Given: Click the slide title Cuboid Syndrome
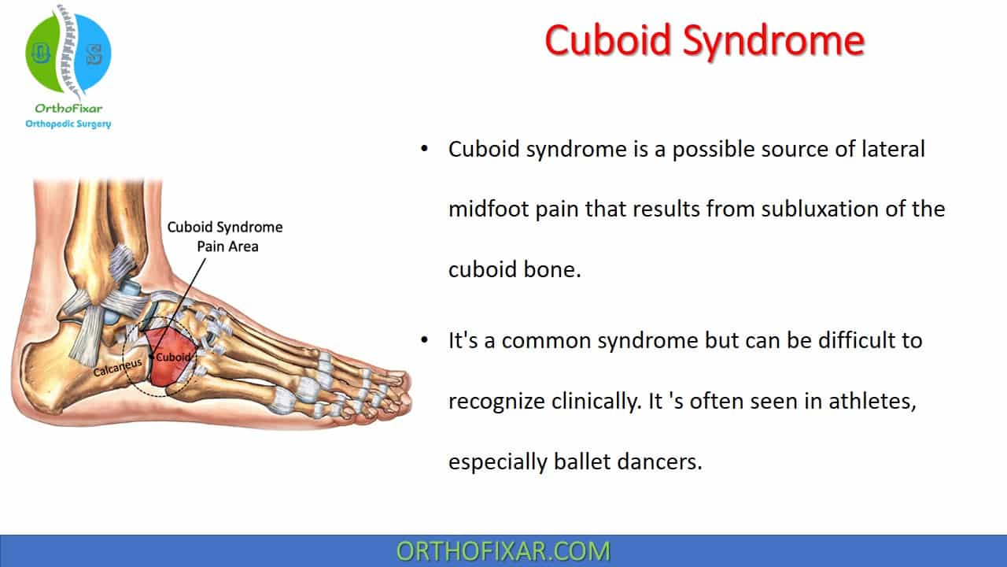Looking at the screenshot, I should [704, 40].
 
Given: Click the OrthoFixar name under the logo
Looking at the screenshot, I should [68, 109].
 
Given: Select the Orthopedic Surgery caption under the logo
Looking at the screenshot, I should [68, 124].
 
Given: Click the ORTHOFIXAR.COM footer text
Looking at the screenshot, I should [503, 550].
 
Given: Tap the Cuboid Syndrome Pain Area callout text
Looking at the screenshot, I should [224, 236].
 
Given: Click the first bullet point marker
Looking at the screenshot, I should [426, 149].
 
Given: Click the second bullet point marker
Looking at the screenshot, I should [426, 341].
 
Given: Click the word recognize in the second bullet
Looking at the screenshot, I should [496, 402].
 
